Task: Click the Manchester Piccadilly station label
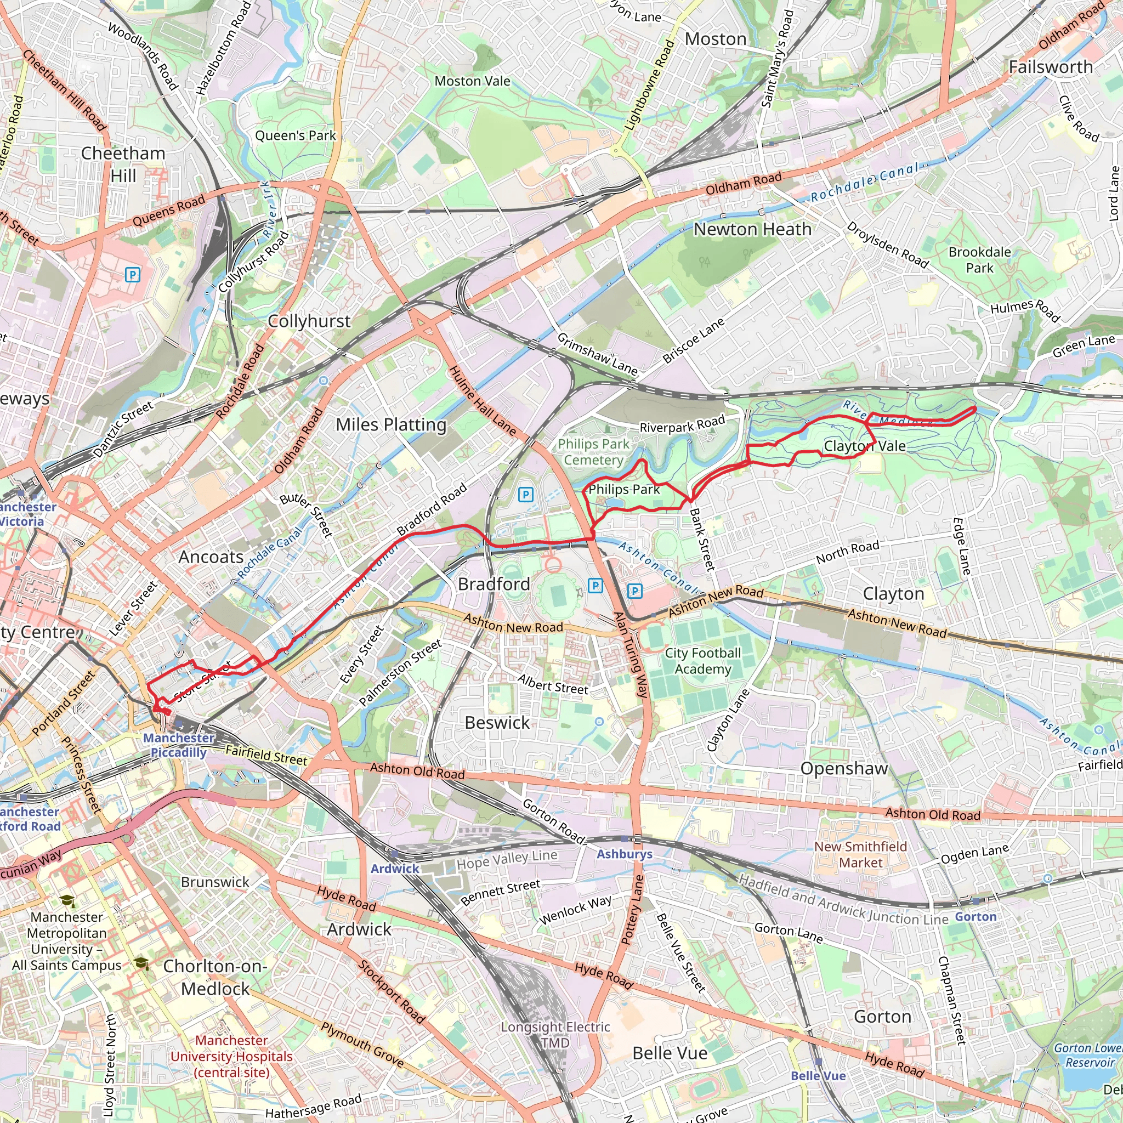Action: pos(178,745)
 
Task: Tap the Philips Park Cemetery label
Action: pos(593,452)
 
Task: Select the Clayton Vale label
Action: pos(864,446)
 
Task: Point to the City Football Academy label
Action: pos(703,661)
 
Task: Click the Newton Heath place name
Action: pos(752,229)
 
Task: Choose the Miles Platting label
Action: pos(391,424)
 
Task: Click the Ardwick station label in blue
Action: pos(395,869)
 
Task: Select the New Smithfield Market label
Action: pos(860,854)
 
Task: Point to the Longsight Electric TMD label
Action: pos(555,1035)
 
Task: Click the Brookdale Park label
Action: pos(979,260)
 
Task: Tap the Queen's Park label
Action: pos(296,135)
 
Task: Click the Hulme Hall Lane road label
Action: pos(483,401)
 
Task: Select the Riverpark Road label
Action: pos(682,424)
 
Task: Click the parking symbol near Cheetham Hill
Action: pos(133,274)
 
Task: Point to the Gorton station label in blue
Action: pos(975,917)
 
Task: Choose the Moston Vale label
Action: pos(472,81)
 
